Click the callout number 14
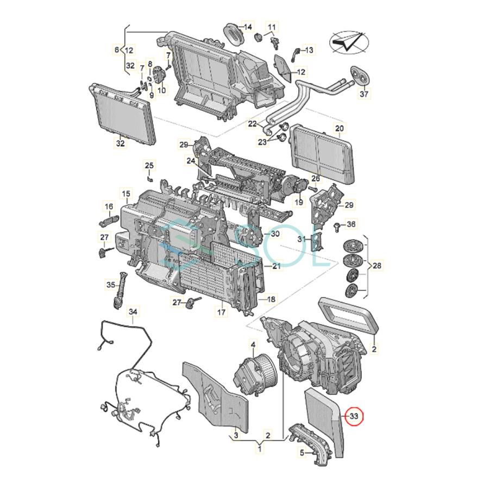pyautogui.click(x=247, y=27)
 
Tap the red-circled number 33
pyautogui.click(x=355, y=417)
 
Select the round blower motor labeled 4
pyautogui.click(x=261, y=365)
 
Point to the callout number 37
pyautogui.click(x=364, y=94)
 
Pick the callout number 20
pyautogui.click(x=340, y=129)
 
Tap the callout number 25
pyautogui.click(x=149, y=165)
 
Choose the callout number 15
pyautogui.click(x=126, y=194)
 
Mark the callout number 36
pyautogui.click(x=351, y=224)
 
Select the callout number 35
pyautogui.click(x=111, y=284)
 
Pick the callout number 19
pyautogui.click(x=299, y=202)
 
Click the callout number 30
pyautogui.click(x=275, y=234)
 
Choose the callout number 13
pyautogui.click(x=308, y=51)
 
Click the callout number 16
pyautogui.click(x=109, y=206)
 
